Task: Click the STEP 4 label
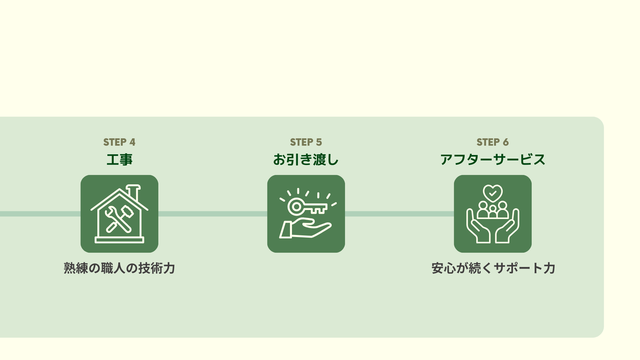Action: (119, 142)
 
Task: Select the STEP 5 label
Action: (306, 142)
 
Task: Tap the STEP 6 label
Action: (492, 142)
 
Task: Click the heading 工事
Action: (119, 160)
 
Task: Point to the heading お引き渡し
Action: (306, 160)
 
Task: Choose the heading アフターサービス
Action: (492, 160)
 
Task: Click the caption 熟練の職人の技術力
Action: (119, 268)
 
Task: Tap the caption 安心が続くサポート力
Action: (493, 268)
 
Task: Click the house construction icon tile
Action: (119, 214)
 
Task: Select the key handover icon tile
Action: (306, 214)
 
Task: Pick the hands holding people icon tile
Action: (493, 214)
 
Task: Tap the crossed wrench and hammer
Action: (118, 218)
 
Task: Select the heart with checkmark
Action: (493, 193)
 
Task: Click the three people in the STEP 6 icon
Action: (493, 210)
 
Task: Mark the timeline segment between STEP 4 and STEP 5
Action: (213, 214)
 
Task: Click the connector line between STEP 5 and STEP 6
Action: (399, 214)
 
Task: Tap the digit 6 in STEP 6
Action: (506, 142)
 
